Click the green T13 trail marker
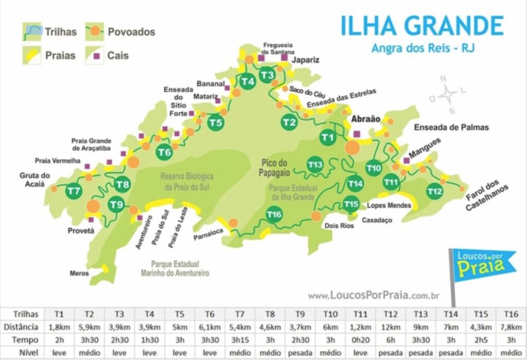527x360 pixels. (x=315, y=164)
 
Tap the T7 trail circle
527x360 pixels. (x=74, y=192)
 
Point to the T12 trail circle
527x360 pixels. (x=435, y=192)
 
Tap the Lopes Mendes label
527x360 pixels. (x=389, y=205)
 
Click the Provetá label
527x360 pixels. (x=81, y=231)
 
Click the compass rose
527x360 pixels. (x=448, y=94)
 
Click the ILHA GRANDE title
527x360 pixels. (x=421, y=26)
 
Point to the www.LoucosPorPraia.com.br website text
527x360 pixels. (x=373, y=295)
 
